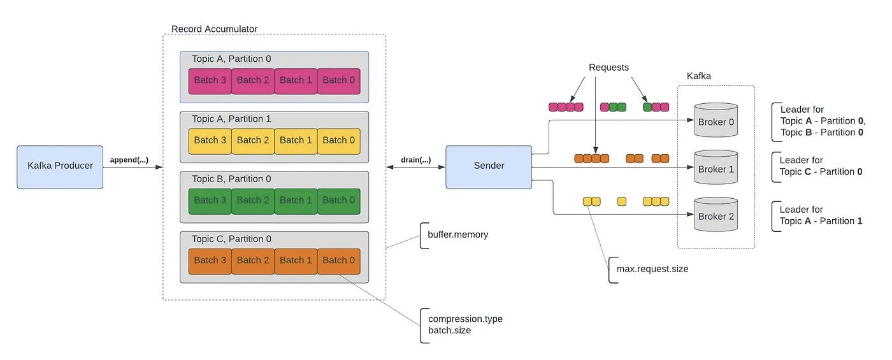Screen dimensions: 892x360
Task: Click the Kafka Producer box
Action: [60, 167]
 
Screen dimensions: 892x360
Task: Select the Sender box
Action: [489, 167]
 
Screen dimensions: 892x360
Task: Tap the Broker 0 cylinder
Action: [716, 120]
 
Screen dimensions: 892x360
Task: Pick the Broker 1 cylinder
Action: [716, 167]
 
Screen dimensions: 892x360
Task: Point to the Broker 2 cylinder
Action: [716, 214]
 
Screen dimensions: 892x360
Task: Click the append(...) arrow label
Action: [129, 160]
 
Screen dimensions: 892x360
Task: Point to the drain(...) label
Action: [415, 160]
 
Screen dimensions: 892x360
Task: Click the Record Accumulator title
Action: [214, 29]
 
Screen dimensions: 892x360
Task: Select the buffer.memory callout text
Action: [458, 234]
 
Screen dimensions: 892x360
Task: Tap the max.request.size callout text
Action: [652, 269]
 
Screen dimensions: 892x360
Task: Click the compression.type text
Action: [465, 319]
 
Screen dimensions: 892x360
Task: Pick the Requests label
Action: [608, 68]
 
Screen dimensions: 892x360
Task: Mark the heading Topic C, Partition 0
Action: [231, 239]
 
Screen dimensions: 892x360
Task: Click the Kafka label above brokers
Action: [698, 76]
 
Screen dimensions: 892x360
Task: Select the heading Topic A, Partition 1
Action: [231, 119]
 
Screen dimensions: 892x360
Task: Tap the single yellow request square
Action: [622, 201]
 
